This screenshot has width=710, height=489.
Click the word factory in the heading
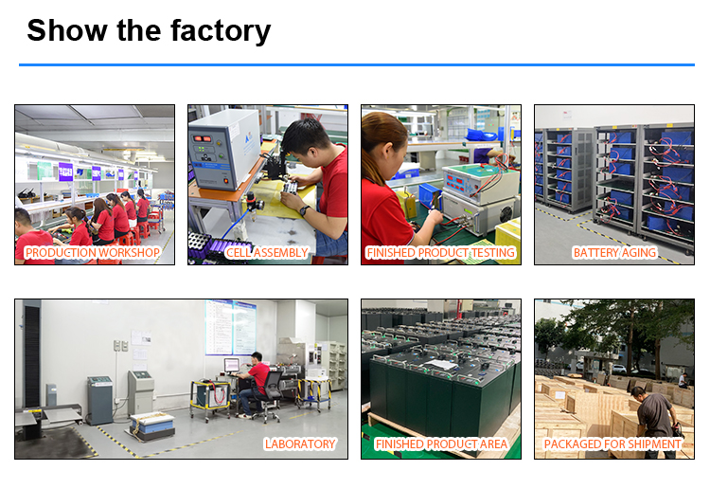tap(221, 31)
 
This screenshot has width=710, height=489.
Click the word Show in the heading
tap(67, 30)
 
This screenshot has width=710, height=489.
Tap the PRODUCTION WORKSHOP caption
tap(93, 252)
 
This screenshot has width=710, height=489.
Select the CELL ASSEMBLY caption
tap(267, 252)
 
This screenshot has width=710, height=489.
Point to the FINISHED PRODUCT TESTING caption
tap(440, 252)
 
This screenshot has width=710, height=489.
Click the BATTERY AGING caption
tap(614, 252)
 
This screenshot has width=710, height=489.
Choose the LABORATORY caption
tap(300, 444)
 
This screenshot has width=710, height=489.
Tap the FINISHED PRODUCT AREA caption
tap(441, 444)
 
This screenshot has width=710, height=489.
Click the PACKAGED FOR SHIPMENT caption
tap(612, 444)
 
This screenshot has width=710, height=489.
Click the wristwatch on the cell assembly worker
tap(304, 209)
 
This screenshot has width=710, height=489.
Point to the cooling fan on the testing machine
tap(506, 212)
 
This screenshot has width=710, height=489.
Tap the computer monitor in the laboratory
tap(231, 365)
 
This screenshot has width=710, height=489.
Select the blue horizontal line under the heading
tap(357, 64)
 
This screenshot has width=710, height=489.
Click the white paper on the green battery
tap(441, 365)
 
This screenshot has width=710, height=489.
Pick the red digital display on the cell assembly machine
tap(203, 138)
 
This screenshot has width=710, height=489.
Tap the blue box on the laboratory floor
tap(152, 426)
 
